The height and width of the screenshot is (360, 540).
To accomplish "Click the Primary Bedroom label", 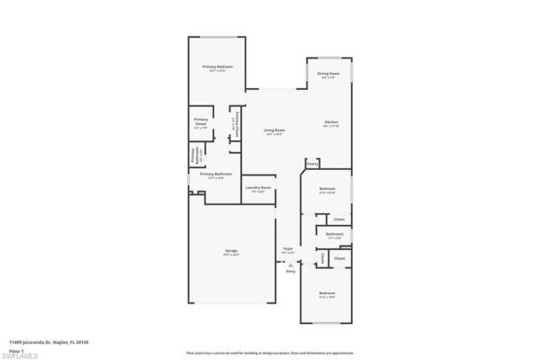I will pyautogui.click(x=218, y=67).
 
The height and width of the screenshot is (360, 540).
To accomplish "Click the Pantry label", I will pyautogui.click(x=312, y=164).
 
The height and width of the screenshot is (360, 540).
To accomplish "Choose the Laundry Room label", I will pyautogui.click(x=259, y=187).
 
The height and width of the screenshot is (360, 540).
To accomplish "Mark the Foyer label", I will pyautogui.click(x=288, y=248).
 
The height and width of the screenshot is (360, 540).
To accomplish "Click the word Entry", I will pyautogui.click(x=291, y=271).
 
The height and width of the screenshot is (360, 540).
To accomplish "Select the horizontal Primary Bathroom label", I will pyautogui.click(x=216, y=174).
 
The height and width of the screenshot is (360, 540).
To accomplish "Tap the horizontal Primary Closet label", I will pyautogui.click(x=201, y=122).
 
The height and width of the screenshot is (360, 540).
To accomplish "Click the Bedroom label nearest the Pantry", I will pyautogui.click(x=328, y=188).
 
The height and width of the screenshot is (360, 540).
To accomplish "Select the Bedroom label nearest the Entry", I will pyautogui.click(x=328, y=293).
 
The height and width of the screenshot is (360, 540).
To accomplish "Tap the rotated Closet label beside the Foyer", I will pyautogui.click(x=322, y=259).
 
